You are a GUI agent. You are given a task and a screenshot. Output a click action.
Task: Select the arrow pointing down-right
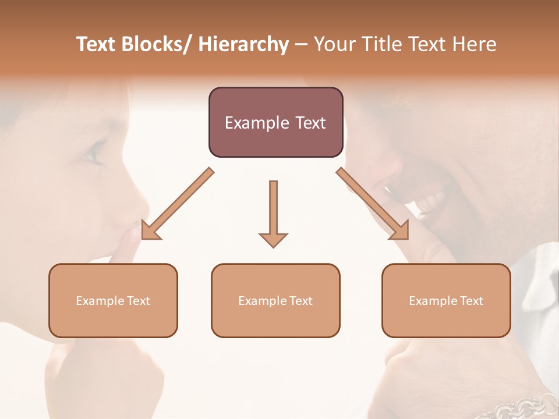click(373, 204)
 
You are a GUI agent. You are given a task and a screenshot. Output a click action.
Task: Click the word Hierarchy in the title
click(243, 44)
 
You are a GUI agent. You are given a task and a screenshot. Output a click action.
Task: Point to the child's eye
click(92, 156)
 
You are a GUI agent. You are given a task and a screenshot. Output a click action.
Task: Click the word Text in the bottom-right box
click(471, 301)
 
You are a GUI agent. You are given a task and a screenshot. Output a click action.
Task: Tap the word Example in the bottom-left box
click(99, 301)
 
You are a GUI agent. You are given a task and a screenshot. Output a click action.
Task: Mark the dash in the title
click(301, 44)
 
